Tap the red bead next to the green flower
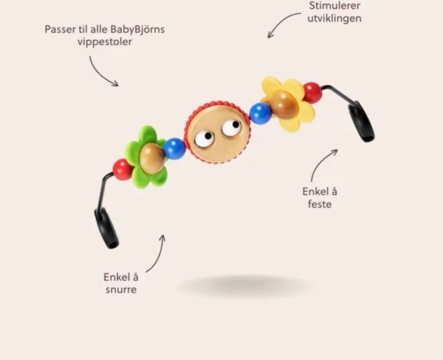click(x=122, y=169)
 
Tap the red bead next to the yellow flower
click(x=312, y=92)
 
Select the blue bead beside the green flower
click(x=174, y=148)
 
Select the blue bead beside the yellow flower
click(x=260, y=113)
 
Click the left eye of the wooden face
click(x=204, y=138)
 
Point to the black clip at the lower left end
click(x=106, y=229)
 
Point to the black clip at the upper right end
click(x=361, y=122)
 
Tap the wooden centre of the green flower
click(x=152, y=158)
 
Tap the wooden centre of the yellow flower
click(x=284, y=105)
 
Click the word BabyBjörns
click(x=138, y=30)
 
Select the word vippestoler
click(x=105, y=42)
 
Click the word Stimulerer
click(x=335, y=6)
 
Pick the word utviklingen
click(x=334, y=18)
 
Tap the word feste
click(x=319, y=204)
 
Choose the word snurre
click(x=121, y=289)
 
